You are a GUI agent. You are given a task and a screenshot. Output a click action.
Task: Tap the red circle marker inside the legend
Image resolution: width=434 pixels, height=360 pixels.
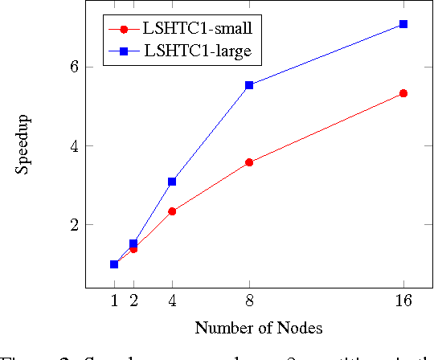point(124,29)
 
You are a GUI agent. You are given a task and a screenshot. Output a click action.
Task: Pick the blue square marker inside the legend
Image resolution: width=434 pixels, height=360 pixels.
point(124,51)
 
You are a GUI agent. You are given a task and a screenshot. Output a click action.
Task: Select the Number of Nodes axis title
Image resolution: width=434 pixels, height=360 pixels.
point(258,328)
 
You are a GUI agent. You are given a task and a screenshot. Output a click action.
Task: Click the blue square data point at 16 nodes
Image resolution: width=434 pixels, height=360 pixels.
point(403,24)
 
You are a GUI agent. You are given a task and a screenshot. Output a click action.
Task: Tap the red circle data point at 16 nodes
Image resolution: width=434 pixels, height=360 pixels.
point(403,93)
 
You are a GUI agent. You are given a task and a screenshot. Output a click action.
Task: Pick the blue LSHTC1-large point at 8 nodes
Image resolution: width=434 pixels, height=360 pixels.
point(249,85)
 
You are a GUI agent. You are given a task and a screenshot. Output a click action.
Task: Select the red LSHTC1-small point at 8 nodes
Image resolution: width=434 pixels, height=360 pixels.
point(249,162)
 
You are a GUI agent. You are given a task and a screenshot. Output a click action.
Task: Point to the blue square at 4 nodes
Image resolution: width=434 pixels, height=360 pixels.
point(172,182)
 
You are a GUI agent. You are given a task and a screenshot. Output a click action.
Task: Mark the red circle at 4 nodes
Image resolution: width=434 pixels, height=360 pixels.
point(172,211)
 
